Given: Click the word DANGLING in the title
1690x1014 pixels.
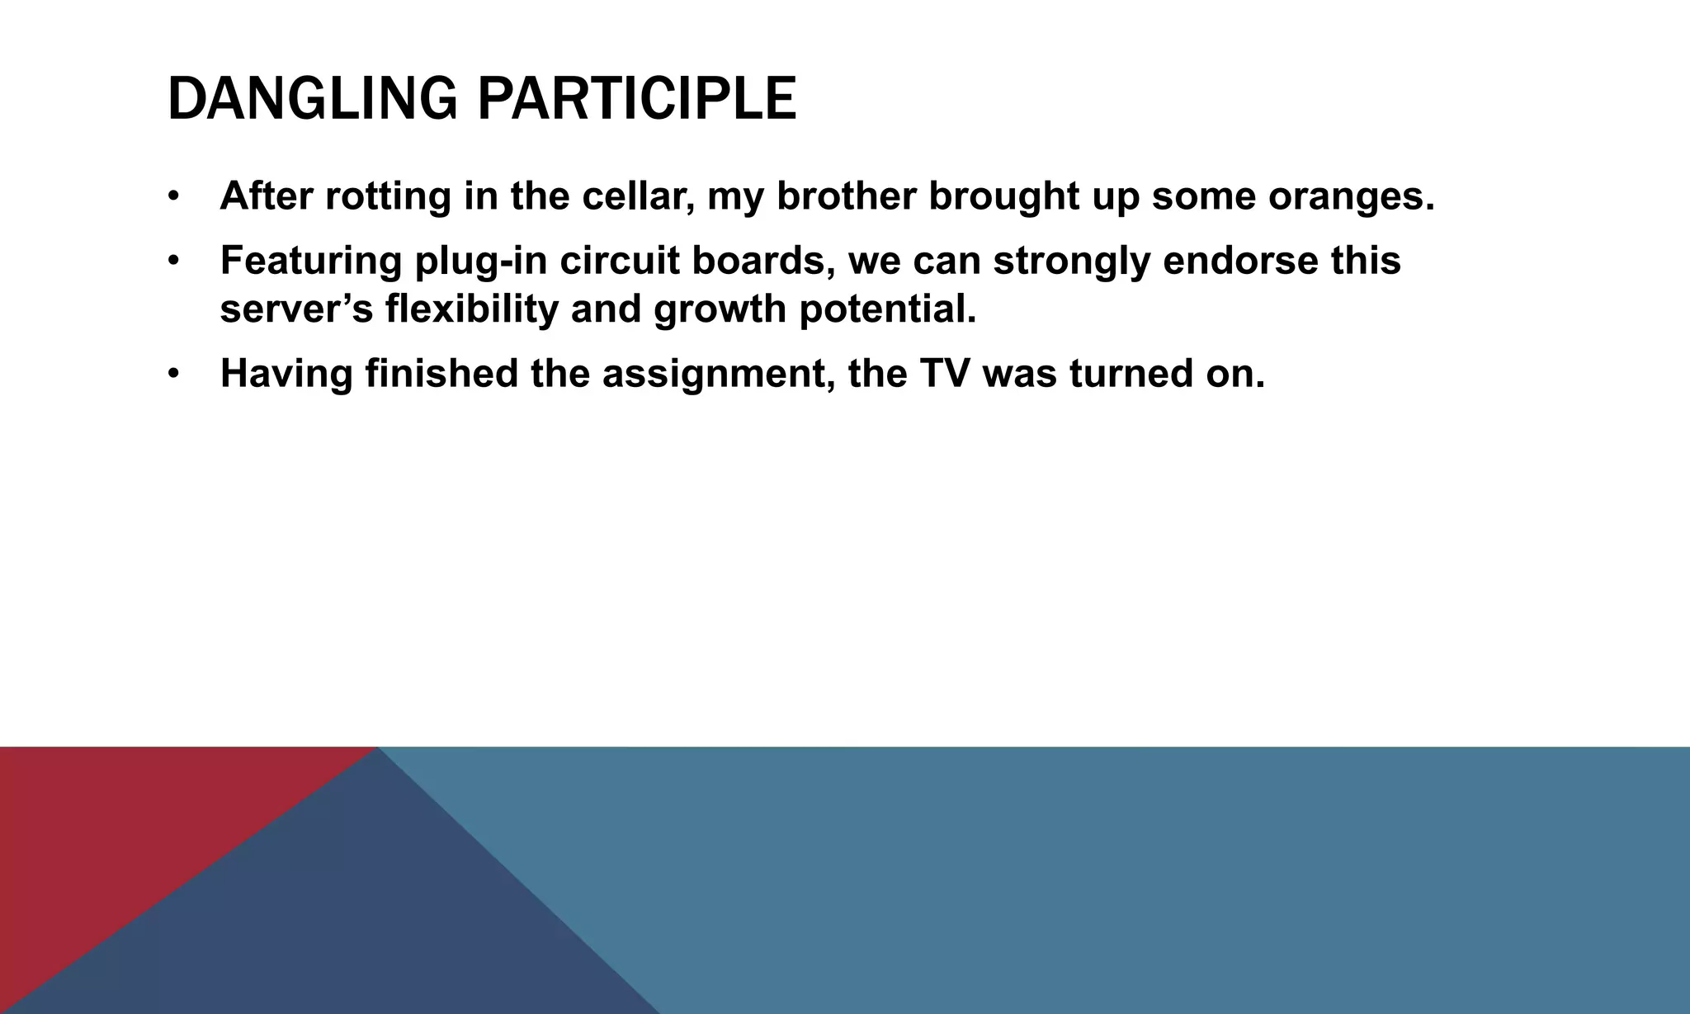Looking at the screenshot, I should point(312,100).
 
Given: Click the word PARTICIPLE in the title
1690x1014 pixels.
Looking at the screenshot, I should point(637,100).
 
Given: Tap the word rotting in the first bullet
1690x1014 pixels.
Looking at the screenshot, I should point(388,196).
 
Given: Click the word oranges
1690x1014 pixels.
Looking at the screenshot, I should point(1351,196).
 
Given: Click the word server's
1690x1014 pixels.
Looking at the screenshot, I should point(296,309).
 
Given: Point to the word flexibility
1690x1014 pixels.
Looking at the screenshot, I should point(471,309).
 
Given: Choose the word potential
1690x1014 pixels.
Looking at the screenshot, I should point(887,309).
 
